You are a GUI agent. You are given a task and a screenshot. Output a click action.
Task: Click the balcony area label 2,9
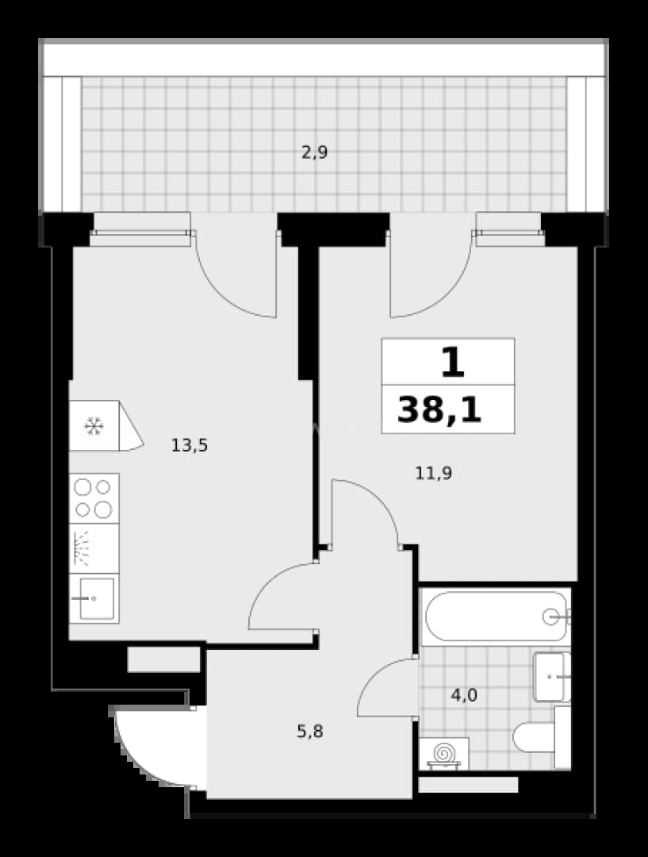coord(315,152)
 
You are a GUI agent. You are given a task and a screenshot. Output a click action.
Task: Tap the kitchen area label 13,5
coord(190,445)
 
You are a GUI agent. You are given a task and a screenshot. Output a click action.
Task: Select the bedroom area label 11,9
coord(433,473)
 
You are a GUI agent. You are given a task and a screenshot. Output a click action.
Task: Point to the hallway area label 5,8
coord(310,731)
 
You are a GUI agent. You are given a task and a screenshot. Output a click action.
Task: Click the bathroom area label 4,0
coord(464,695)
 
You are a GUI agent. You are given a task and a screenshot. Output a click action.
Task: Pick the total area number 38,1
coord(439,410)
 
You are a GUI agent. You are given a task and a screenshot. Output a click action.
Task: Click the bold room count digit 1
coord(452,363)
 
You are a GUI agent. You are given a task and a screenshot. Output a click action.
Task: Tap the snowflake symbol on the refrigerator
coord(94,426)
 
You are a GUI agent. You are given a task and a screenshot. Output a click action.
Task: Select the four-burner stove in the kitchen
coord(94,498)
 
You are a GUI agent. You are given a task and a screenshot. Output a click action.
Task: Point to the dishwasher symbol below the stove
coord(94,549)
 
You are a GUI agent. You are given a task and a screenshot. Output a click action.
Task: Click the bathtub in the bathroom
coord(497,617)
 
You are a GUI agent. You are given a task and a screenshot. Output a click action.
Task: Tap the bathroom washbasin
coord(552,677)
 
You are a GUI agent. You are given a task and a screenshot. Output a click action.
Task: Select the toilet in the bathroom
coord(542,737)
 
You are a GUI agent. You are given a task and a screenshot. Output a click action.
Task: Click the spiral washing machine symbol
coord(444,753)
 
